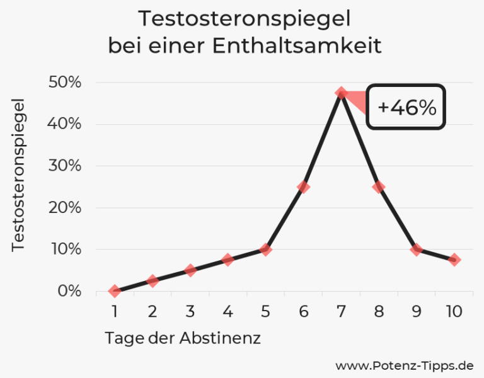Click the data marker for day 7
[x=341, y=93]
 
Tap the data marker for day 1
[x=114, y=291]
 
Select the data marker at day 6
[x=303, y=187]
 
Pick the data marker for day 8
[x=379, y=187]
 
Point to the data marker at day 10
[x=454, y=260]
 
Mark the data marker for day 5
[x=265, y=249]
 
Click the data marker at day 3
[x=190, y=270]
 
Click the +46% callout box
[x=406, y=107]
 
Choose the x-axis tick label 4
[x=228, y=311]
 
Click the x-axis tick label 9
[x=417, y=311]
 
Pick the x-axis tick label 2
[x=152, y=311]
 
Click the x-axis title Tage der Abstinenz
[x=183, y=338]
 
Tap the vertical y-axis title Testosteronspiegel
[x=19, y=175]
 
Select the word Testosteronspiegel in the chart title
[x=244, y=19]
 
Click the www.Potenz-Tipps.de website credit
[x=404, y=365]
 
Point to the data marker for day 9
[x=417, y=249]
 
